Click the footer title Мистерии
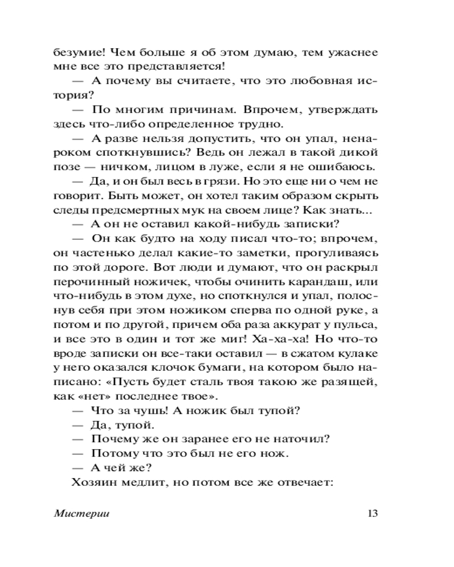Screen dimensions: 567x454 coord(82,514)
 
